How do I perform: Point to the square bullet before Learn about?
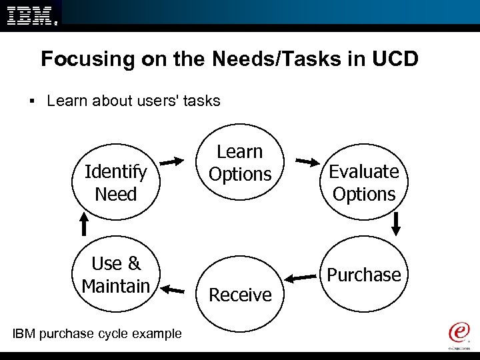[32, 101]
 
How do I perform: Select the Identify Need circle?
[115, 183]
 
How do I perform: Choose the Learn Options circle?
[240, 163]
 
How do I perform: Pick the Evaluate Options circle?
[364, 183]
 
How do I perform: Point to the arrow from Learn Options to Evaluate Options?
[307, 161]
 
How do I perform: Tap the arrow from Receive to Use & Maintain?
[173, 289]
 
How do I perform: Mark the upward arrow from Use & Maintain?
[84, 223]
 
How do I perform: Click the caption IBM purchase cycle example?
[97, 333]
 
